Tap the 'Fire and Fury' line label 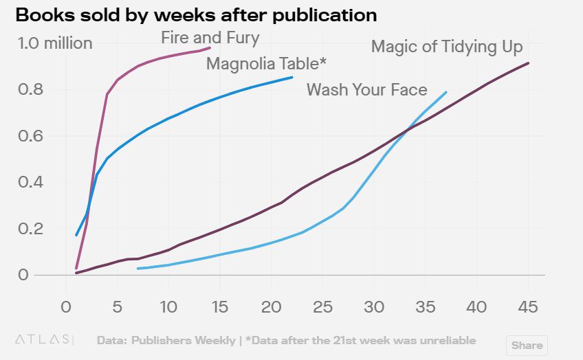coord(210,37)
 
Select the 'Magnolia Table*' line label coord(266,64)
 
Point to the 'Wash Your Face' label coord(366,89)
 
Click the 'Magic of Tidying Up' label coord(447,47)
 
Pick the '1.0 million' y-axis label coord(55,43)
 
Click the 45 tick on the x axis coord(527,306)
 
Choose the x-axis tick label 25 coord(322,306)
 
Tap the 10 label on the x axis coord(168,306)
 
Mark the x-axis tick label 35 coord(425,306)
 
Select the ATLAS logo coord(43,339)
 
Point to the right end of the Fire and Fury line coord(210,48)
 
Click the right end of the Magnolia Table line coord(292,78)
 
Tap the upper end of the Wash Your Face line coord(446,92)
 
